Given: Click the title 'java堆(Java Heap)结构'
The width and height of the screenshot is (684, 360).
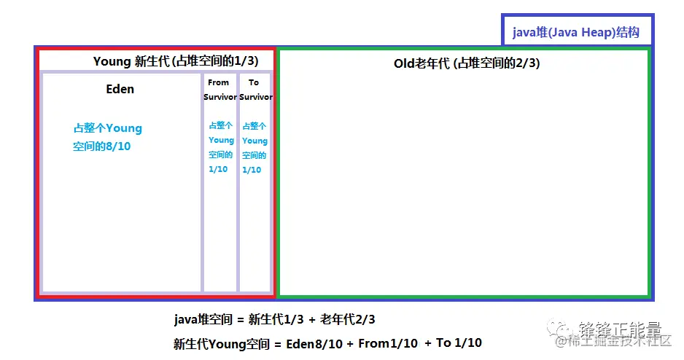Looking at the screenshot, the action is coord(576,32).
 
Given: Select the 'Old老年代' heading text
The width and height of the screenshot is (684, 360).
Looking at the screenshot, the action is coord(421,63).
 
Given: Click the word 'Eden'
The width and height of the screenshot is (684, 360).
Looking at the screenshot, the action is coord(120,89).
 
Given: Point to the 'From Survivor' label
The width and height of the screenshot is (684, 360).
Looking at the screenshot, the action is coord(219,90).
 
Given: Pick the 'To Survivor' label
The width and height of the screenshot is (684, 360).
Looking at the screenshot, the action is coord(254,90).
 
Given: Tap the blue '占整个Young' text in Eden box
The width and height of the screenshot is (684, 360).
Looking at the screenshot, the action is coord(108,128).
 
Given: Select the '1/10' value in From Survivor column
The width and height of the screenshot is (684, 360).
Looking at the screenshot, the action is coord(218,169).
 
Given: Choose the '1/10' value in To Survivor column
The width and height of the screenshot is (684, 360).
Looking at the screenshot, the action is coord(252,170).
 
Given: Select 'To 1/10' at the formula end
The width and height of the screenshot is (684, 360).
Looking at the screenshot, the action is coord(459,343).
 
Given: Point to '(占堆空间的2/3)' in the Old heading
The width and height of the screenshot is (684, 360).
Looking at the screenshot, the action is coord(497,63).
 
